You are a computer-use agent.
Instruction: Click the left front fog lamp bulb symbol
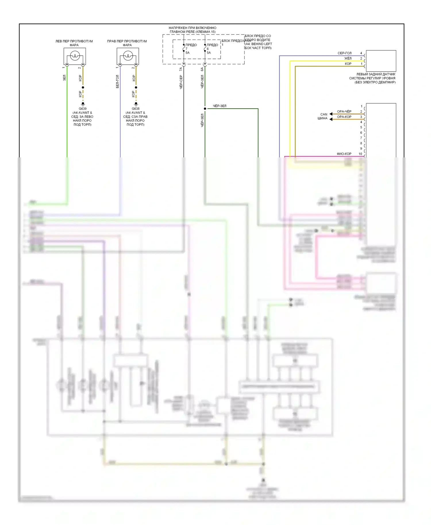tap(75, 56)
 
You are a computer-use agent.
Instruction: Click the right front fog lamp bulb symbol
tap(128, 56)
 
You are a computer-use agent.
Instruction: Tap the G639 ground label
tap(83, 109)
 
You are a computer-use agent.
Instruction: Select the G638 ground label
tap(136, 109)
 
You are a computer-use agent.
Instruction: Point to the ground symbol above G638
tap(136, 104)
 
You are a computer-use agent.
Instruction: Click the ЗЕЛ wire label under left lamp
tap(64, 78)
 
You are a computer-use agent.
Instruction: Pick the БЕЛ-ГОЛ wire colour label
tap(118, 82)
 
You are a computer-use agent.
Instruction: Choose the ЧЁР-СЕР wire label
tap(181, 82)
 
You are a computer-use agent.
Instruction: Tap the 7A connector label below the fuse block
tap(181, 69)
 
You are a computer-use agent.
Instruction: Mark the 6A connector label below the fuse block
tap(202, 69)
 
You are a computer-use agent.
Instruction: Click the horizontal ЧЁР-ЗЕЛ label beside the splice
tap(220, 106)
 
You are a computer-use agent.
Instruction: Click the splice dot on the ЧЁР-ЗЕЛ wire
tap(205, 109)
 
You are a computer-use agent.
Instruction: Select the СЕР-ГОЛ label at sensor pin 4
tap(345, 53)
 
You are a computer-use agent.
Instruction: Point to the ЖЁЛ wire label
tap(348, 58)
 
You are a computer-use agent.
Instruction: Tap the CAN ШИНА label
tap(323, 116)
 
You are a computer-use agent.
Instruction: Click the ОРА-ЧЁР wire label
tap(344, 111)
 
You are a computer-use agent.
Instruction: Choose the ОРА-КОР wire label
tap(344, 117)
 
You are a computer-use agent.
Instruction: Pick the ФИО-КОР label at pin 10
tap(344, 154)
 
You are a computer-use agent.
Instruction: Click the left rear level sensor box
tap(381, 61)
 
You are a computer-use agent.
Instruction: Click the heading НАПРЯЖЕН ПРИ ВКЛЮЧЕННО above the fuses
tap(193, 28)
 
